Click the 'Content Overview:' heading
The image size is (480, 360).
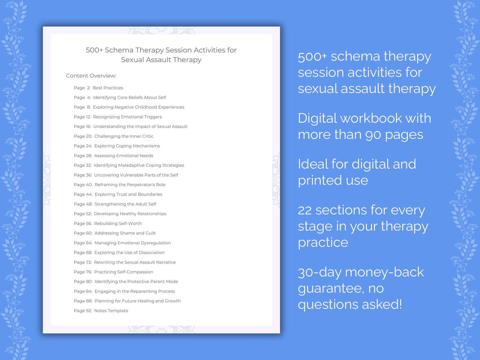pyautogui.click(x=91, y=76)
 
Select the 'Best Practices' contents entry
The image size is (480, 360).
pyautogui.click(x=108, y=88)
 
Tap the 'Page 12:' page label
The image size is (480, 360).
pyautogui.click(x=82, y=117)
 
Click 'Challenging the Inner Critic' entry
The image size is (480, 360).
pyautogui.click(x=124, y=136)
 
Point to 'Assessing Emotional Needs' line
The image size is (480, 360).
pyautogui.click(x=124, y=156)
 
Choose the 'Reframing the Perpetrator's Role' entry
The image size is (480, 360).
pyautogui.click(x=130, y=185)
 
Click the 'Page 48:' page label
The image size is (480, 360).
pyautogui.click(x=83, y=204)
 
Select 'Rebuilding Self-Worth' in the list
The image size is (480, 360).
pyautogui.click(x=118, y=224)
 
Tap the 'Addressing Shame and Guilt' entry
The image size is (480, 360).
pyautogui.click(x=125, y=233)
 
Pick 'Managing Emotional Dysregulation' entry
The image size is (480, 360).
pyautogui.click(x=133, y=243)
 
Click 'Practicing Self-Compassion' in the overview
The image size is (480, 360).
pyautogui.click(x=124, y=272)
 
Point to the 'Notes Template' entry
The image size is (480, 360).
pyautogui.click(x=111, y=311)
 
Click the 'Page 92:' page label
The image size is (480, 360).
pyautogui.click(x=83, y=311)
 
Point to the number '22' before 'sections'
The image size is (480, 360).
pyautogui.click(x=305, y=210)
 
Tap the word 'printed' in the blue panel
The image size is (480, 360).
pyautogui.click(x=320, y=180)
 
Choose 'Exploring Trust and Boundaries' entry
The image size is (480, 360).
pyautogui.click(x=128, y=194)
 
